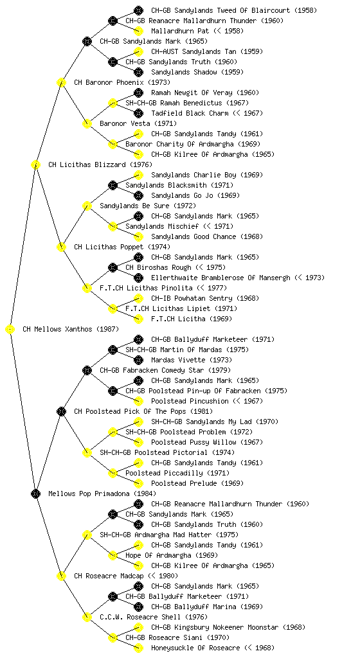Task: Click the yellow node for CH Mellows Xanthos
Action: [x=10, y=330]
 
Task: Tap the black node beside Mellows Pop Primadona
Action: [x=35, y=494]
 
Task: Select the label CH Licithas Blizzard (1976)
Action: [x=100, y=165]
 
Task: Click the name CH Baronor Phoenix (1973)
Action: [x=122, y=83]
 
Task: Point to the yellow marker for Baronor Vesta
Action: [x=87, y=124]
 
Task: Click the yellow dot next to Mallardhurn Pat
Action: [x=138, y=31]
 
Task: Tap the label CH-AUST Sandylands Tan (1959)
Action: [x=207, y=51]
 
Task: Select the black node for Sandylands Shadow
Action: [x=138, y=72]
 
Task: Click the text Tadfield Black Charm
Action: [x=190, y=113]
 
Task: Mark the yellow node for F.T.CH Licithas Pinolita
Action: [x=87, y=289]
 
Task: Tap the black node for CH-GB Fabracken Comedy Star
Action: [x=87, y=371]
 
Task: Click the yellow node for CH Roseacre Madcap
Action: [x=61, y=576]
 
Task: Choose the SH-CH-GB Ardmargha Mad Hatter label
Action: [x=156, y=535]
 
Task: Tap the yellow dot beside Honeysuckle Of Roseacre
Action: [x=138, y=648]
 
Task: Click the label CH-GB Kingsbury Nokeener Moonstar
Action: [x=215, y=627]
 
